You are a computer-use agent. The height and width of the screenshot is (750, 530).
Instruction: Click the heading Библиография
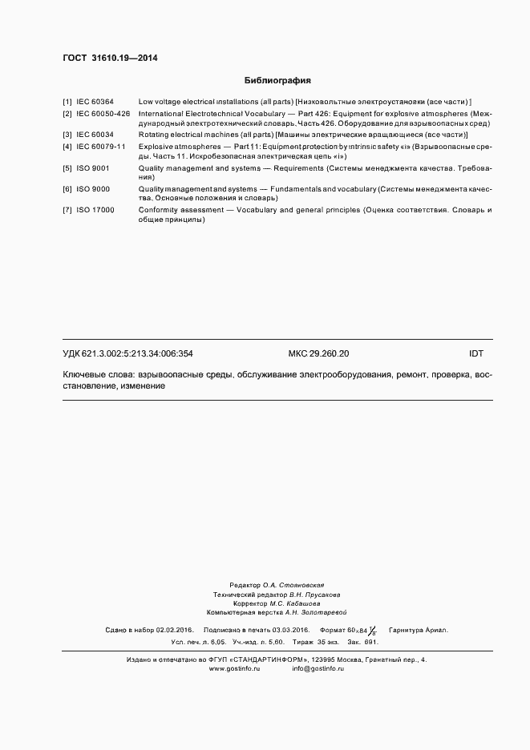(277, 81)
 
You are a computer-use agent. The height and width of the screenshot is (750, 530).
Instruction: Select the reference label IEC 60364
(95, 103)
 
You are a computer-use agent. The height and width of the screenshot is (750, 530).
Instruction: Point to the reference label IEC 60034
(95, 135)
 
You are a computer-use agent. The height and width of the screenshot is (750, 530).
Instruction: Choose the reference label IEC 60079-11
(101, 147)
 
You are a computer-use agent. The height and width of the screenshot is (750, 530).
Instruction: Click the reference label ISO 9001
(93, 168)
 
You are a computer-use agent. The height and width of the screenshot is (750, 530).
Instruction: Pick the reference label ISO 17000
(95, 210)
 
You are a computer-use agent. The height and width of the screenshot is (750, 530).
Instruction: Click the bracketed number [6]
(67, 189)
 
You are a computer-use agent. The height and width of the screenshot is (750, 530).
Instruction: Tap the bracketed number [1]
(67, 103)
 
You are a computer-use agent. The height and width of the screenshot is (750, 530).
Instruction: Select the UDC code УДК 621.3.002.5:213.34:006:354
(127, 353)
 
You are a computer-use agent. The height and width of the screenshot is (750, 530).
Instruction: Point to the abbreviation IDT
(476, 353)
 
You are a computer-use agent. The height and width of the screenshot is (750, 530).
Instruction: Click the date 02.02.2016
(176, 630)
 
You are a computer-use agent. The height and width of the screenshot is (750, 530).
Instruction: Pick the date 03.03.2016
(291, 630)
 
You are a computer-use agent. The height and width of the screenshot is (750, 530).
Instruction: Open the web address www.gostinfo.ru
(235, 668)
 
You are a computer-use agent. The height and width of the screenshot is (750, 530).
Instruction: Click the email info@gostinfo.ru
(318, 668)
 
